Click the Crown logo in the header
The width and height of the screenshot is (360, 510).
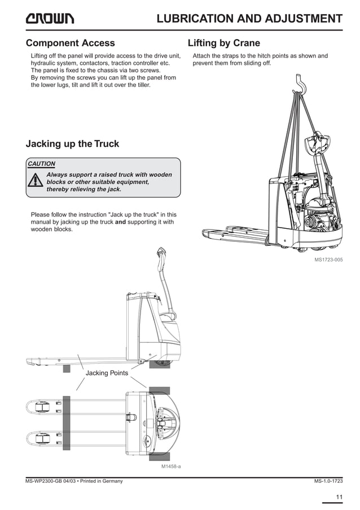coord(50,19)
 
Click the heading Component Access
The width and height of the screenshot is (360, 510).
coord(70,43)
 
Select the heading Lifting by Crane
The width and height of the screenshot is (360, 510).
coord(223,43)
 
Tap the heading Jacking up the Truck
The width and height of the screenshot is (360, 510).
coord(72,143)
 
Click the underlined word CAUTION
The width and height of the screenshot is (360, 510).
coord(42,164)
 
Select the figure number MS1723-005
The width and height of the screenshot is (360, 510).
coord(328,260)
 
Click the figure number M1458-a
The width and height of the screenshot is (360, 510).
coord(171,467)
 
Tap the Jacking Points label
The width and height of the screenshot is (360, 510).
coord(107,373)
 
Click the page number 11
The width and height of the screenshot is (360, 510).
coord(339,497)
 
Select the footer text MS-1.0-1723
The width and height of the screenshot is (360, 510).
coord(328,481)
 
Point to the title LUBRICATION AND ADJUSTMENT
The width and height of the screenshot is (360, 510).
coord(249,19)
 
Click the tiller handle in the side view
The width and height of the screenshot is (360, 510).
coord(161,252)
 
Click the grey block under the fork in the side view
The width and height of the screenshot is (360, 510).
coord(67,368)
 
